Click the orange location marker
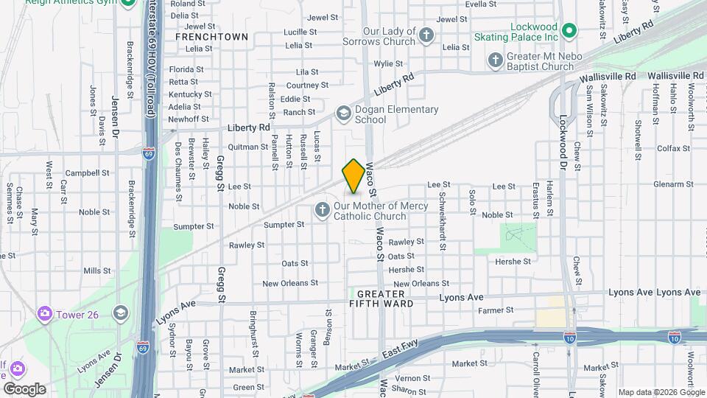coord(353,176)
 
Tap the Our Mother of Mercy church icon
coord(322,211)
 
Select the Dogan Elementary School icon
coord(343,114)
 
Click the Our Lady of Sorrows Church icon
coord(426,35)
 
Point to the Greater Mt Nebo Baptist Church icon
coord(496,60)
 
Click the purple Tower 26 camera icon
coord(44,314)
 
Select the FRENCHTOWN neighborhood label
coord(201,36)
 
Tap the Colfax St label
coord(672,148)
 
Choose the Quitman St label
coord(248,147)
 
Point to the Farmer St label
coord(495,310)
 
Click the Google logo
coord(24,388)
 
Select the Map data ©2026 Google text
coord(660,392)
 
